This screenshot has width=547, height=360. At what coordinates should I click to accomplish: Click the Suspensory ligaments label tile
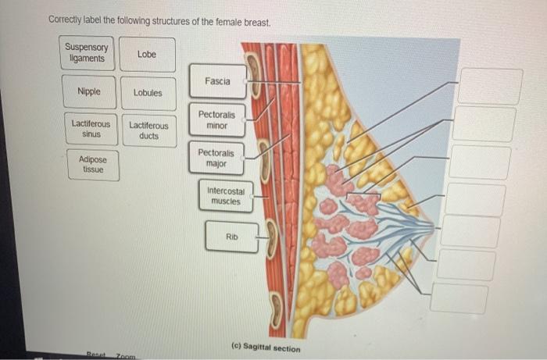pyautogui.click(x=88, y=53)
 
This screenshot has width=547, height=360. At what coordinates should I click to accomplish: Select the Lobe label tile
pyautogui.click(x=147, y=54)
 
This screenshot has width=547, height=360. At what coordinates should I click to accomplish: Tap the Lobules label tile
pyautogui.click(x=148, y=92)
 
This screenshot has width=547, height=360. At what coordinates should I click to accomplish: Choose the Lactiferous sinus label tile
pyautogui.click(x=91, y=129)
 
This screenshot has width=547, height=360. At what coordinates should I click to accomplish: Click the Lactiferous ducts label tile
pyautogui.click(x=148, y=130)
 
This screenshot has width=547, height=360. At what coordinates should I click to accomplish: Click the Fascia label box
pyautogui.click(x=217, y=81)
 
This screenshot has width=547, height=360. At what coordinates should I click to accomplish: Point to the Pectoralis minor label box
pyautogui.click(x=216, y=119)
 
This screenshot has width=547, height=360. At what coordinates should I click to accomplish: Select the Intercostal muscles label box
pyautogui.click(x=226, y=196)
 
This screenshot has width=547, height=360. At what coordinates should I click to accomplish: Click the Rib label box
pyautogui.click(x=231, y=236)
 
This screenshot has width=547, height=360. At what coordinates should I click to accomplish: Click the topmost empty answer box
pyautogui.click(x=490, y=86)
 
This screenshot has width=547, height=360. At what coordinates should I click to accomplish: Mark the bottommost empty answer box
pyautogui.click(x=461, y=298)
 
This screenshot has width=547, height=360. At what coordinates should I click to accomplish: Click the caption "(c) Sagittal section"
pyautogui.click(x=266, y=348)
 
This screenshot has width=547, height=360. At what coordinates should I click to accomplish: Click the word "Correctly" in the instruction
pyautogui.click(x=66, y=20)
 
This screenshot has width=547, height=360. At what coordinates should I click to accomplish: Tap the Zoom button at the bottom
pyautogui.click(x=125, y=355)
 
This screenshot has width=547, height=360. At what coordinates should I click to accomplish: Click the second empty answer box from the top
pyautogui.click(x=484, y=124)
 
